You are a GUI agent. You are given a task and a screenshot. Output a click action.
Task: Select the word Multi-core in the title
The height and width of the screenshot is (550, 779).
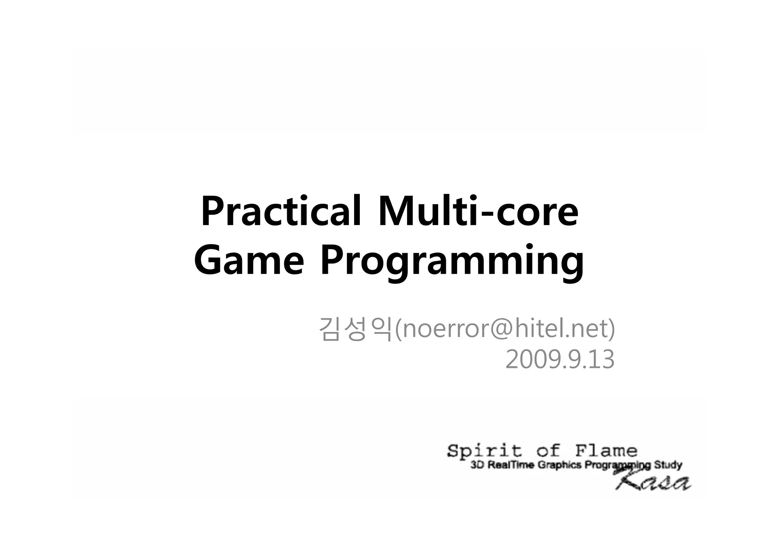click(x=478, y=211)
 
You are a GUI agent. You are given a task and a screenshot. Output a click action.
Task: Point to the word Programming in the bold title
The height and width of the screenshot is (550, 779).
click(x=452, y=262)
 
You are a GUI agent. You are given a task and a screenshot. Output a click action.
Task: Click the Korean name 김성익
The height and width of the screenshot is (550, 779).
click(x=355, y=329)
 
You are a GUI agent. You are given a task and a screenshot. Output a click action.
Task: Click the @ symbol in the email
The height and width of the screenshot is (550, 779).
click(x=495, y=329)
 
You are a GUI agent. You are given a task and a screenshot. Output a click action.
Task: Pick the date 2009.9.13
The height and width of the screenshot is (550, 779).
click(x=560, y=360)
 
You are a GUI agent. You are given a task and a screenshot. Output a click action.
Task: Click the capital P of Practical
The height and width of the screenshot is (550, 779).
click(x=213, y=211)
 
